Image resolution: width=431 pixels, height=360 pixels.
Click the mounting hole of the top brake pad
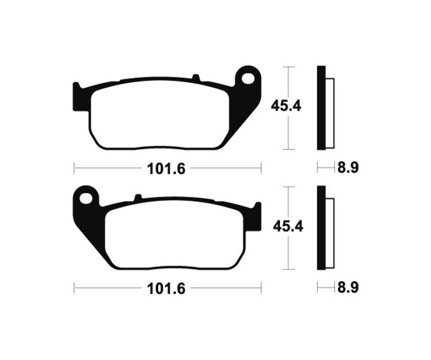coord(249,78)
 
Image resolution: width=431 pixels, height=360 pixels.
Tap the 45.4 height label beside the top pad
coord(286,106)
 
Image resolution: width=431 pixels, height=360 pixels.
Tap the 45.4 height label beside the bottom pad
coord(287,226)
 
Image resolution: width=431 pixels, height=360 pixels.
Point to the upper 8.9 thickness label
coord(348,168)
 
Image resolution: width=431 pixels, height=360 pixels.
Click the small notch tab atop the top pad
coord(195,77)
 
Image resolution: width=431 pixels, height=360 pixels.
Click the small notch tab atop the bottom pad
coord(138,197)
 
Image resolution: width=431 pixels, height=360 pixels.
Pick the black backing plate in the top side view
coord(321,108)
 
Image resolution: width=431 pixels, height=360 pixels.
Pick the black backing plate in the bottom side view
coord(321,227)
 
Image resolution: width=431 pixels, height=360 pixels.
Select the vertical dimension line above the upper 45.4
coord(288,81)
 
